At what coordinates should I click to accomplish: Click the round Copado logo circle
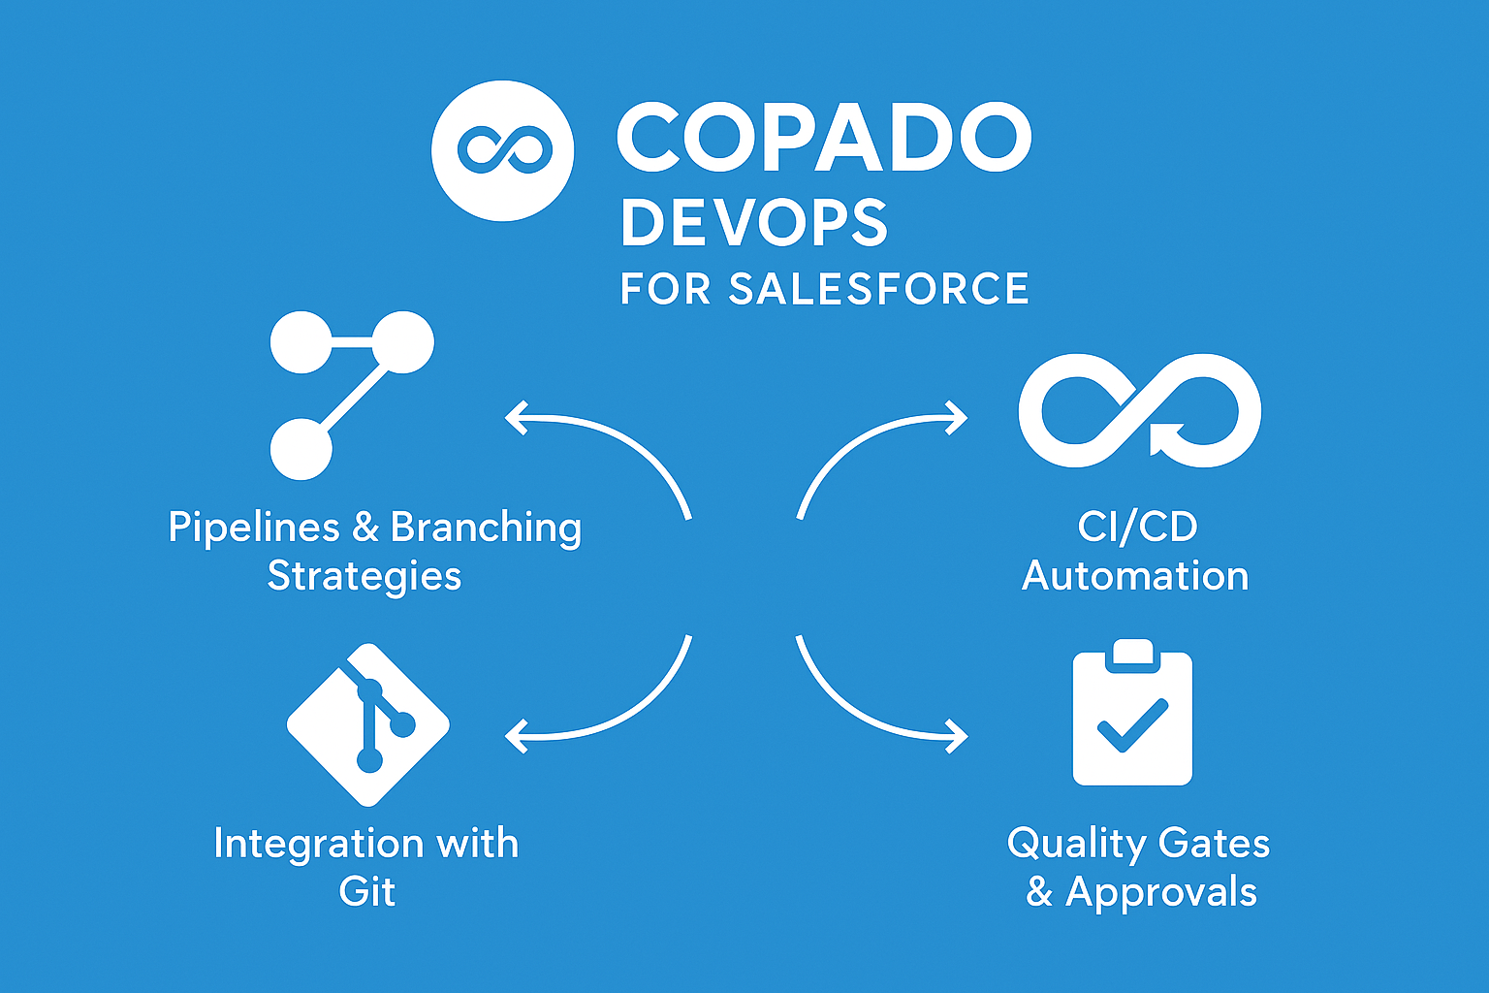tap(502, 150)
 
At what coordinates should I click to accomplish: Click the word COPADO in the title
tap(824, 138)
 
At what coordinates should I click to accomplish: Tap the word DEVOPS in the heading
tap(754, 223)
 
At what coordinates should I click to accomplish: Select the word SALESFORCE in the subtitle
tap(878, 289)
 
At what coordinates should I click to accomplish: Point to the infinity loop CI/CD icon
tap(1139, 410)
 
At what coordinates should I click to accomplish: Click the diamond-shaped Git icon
tap(368, 723)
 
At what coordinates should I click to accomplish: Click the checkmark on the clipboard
tap(1131, 725)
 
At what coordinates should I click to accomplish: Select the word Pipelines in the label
tap(254, 528)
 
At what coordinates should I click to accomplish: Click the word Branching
tap(486, 528)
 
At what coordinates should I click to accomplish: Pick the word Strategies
tap(364, 577)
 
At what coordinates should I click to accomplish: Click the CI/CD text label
tap(1137, 527)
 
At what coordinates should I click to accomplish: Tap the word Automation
tap(1135, 576)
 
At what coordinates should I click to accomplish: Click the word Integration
tap(318, 844)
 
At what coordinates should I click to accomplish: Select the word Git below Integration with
tap(367, 892)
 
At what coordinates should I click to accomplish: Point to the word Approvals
tap(1160, 893)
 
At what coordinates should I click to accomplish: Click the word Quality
tap(1076, 844)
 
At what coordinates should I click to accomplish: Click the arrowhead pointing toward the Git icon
tap(517, 736)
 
